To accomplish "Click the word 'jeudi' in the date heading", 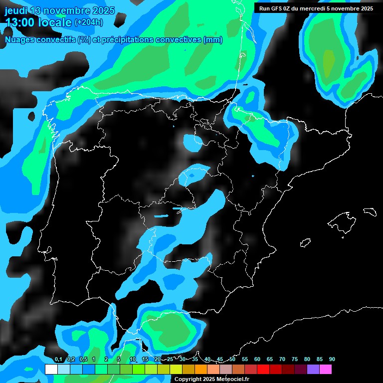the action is [x=16, y=10].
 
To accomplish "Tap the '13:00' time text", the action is [x=20, y=22].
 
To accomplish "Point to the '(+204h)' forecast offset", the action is [x=89, y=22].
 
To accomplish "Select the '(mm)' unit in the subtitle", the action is [x=213, y=40].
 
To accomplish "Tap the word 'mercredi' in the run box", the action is [x=319, y=8].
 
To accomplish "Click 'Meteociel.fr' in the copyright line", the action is [x=233, y=380].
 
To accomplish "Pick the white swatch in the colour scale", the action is [x=51, y=369].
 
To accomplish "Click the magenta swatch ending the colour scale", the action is [x=326, y=369].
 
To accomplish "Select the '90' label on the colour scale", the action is [x=332, y=359].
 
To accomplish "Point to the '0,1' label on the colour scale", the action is [x=58, y=359].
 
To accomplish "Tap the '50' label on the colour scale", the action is [x=232, y=359].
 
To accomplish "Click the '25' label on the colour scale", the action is [x=170, y=359].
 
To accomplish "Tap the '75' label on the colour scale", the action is [x=294, y=359].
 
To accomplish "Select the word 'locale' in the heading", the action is [x=55, y=22].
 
